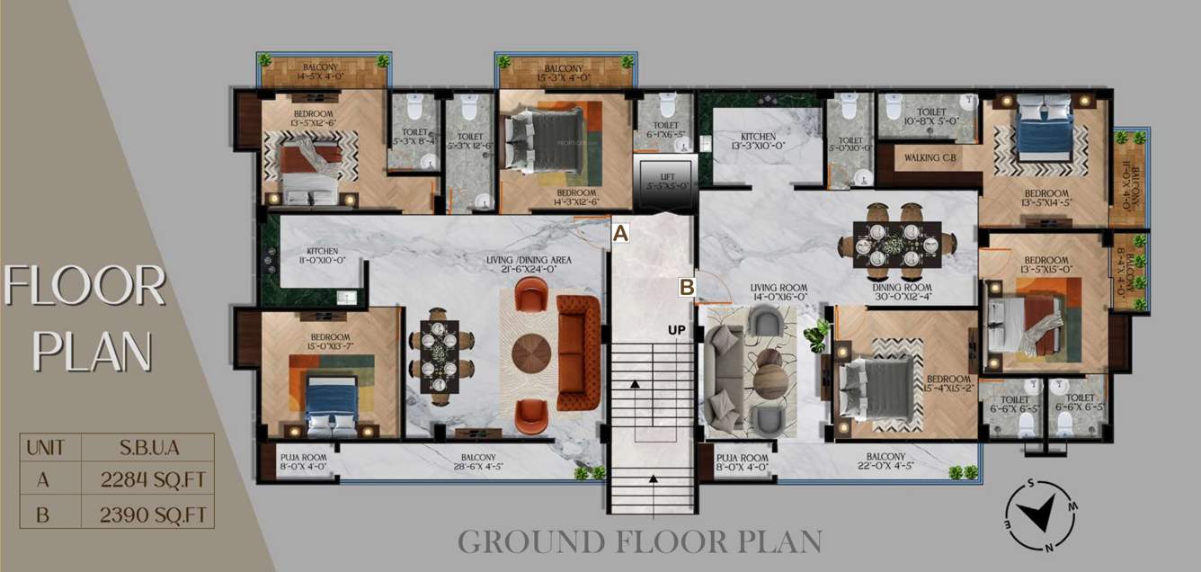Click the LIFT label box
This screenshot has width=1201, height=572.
(665, 180)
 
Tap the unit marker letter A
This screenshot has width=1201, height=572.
(620, 232)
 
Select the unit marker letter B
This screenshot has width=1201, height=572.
(687, 287)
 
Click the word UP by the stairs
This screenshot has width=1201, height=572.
(677, 330)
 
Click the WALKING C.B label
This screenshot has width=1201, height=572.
(931, 158)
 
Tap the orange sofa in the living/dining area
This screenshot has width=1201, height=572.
(579, 353)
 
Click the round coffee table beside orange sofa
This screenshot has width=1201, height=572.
(531, 353)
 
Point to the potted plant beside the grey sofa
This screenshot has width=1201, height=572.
(817, 336)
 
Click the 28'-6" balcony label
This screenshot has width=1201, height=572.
(480, 462)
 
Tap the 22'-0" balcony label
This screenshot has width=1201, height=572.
(885, 462)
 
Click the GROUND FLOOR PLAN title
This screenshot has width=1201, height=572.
(639, 541)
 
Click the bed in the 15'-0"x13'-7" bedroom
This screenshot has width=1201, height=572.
(331, 401)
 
